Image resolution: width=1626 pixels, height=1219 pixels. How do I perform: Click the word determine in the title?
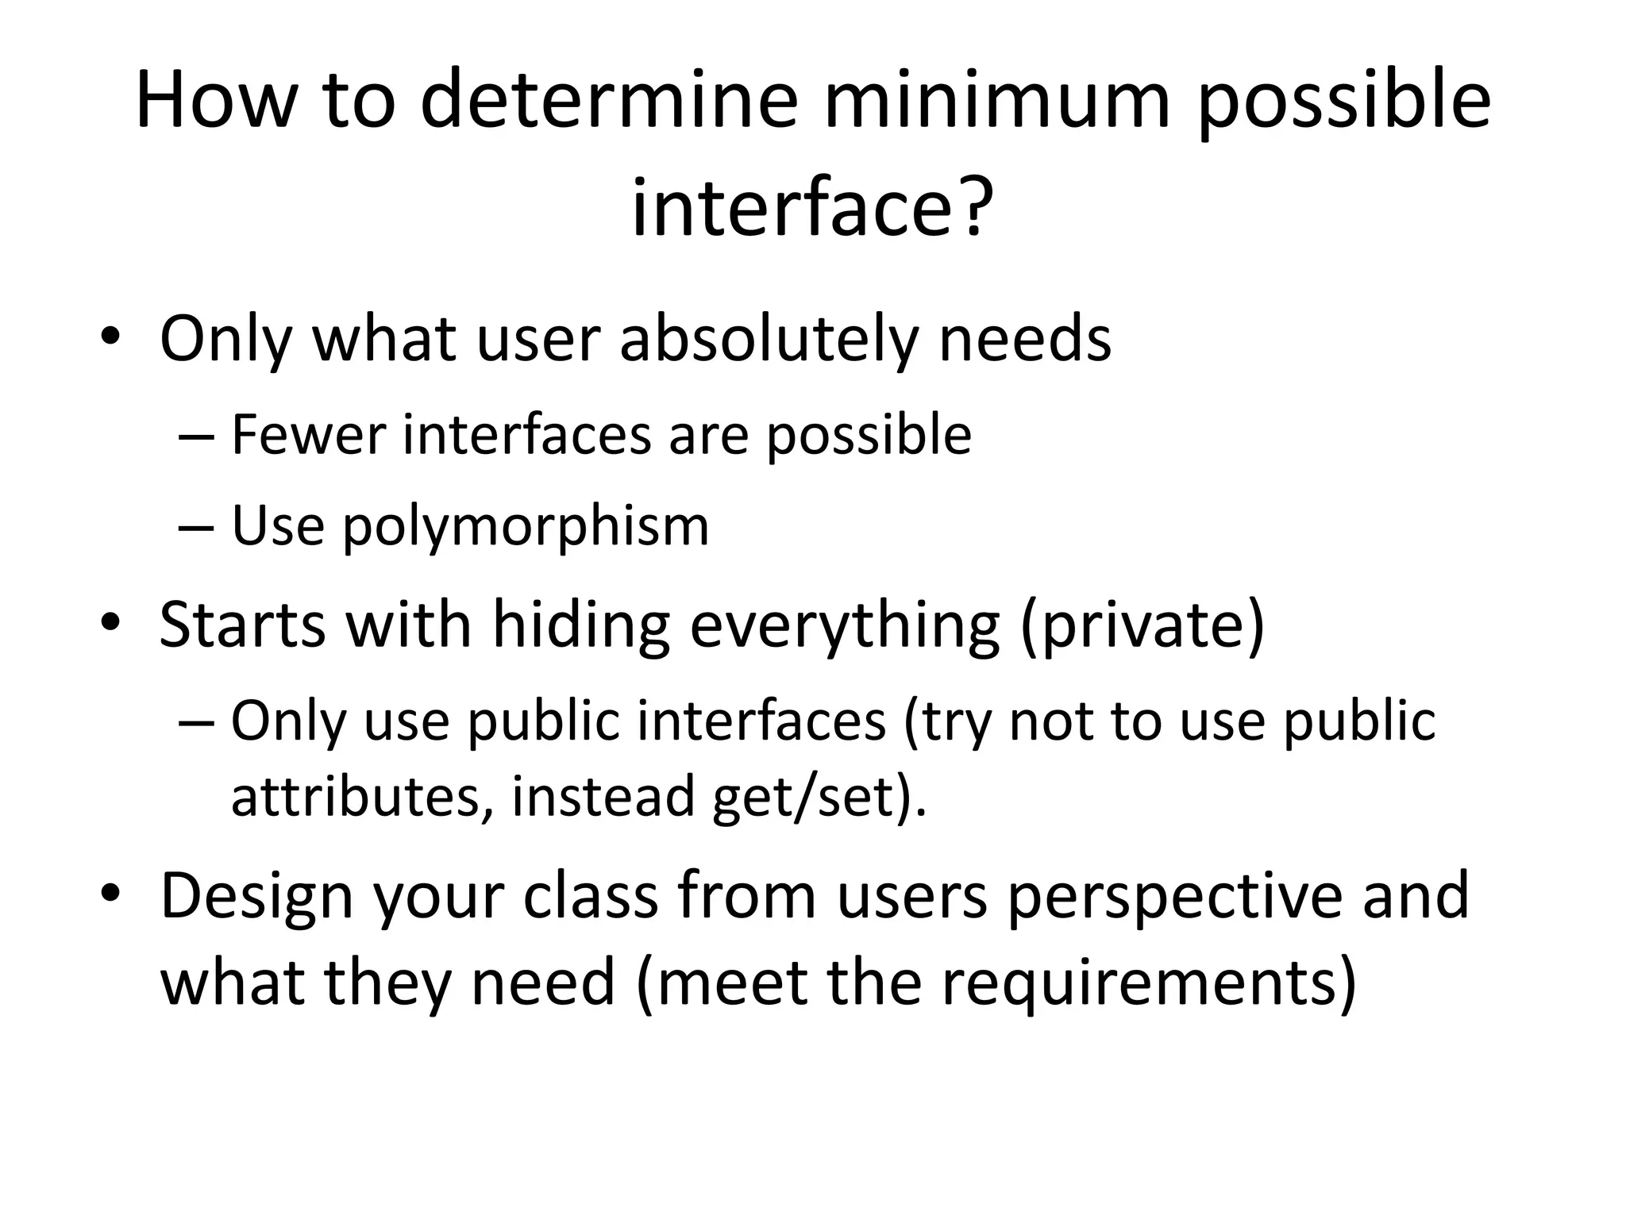point(607,101)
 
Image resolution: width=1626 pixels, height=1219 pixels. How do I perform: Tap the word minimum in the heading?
point(997,101)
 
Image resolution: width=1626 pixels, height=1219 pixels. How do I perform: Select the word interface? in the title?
point(812,208)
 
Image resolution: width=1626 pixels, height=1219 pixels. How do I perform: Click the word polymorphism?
point(526,527)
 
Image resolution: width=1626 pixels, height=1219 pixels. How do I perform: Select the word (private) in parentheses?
point(1142,625)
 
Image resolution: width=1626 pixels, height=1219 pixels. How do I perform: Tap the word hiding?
point(580,625)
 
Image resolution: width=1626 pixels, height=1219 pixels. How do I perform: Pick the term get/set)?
point(819,796)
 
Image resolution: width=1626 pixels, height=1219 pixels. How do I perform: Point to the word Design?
point(256,895)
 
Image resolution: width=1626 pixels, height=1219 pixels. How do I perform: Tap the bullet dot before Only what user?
point(110,338)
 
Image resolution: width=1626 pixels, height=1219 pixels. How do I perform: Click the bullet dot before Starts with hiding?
point(110,624)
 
